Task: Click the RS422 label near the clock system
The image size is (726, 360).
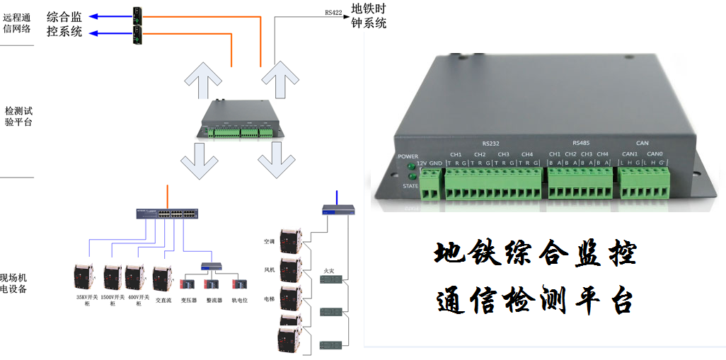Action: coord(333,12)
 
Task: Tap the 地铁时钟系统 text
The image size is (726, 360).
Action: coord(369,16)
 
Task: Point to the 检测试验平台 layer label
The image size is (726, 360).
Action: coord(18,116)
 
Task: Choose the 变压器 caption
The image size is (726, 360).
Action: coord(188,299)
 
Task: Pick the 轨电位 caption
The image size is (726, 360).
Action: coord(241,299)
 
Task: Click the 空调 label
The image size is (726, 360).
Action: coord(269,242)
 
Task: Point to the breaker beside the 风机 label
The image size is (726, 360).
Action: coord(289,270)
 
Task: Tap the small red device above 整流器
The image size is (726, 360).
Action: coord(211,284)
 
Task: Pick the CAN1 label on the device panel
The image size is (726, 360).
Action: coord(630,154)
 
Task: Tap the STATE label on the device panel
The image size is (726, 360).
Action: coord(410,186)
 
